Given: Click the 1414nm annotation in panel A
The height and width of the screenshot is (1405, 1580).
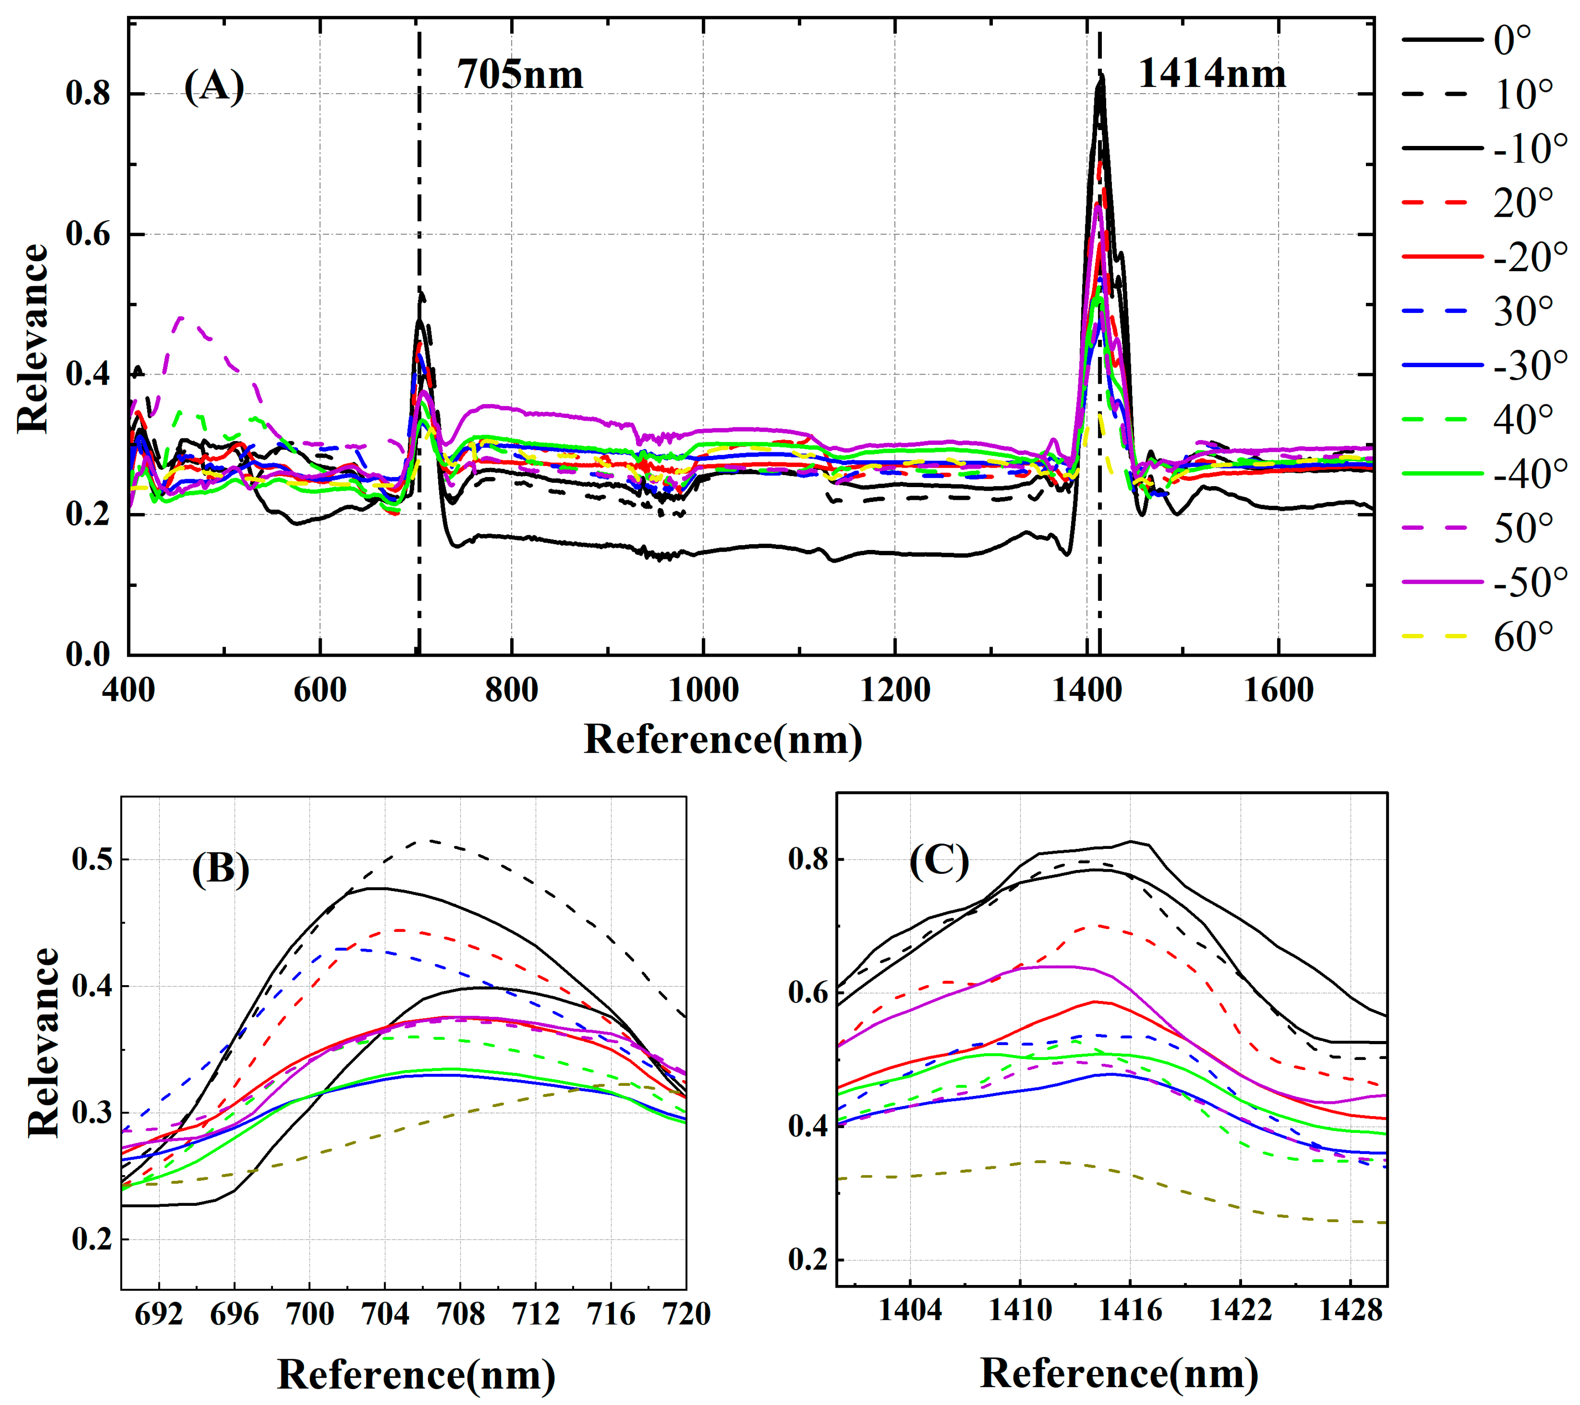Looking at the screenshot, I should click(x=1211, y=74).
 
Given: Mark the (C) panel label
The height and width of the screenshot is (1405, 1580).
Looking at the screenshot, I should click(x=938, y=860).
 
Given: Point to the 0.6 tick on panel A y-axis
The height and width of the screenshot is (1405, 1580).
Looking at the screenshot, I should click(x=87, y=234).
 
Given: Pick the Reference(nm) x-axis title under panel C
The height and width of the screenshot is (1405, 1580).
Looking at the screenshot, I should click(x=1119, y=1372).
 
